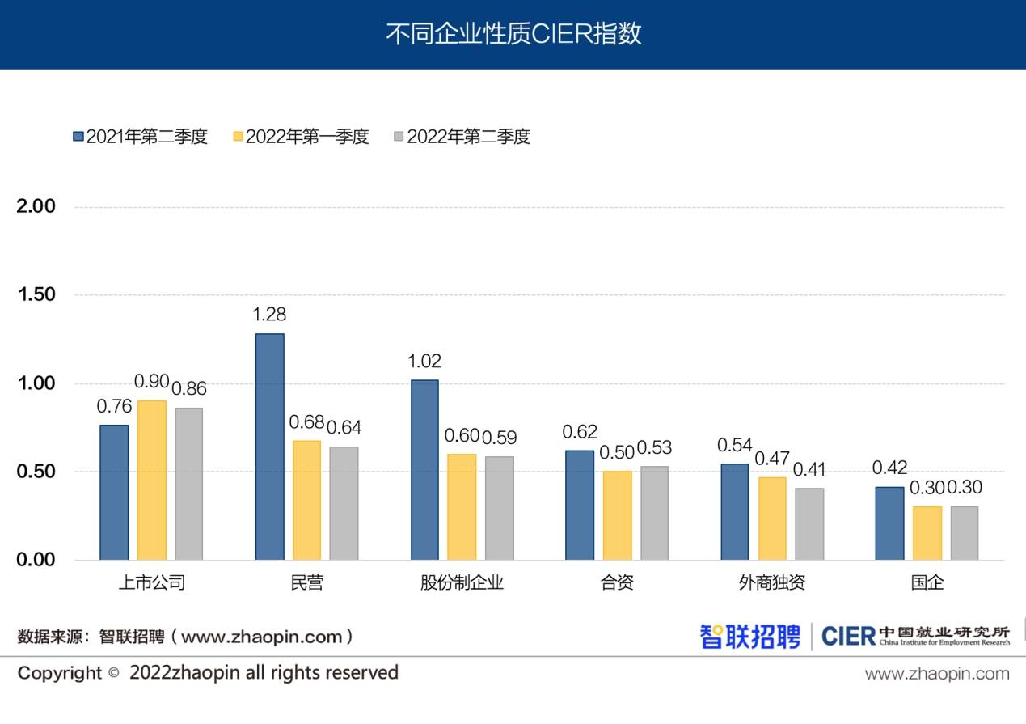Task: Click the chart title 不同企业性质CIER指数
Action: [x=513, y=35]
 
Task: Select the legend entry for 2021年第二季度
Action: [x=140, y=137]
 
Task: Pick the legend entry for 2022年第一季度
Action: [x=300, y=137]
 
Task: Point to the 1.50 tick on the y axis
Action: [x=36, y=294]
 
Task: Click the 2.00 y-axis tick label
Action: [x=36, y=206]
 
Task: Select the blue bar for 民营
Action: [x=270, y=447]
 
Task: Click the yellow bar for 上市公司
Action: [x=151, y=480]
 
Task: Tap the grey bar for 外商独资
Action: [x=809, y=523]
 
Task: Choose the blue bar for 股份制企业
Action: [x=424, y=469]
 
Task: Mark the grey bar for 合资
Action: [x=655, y=513]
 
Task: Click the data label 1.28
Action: [x=269, y=315]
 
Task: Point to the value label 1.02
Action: [x=424, y=361]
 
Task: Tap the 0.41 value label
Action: [x=809, y=469]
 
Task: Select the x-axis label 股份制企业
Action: [x=462, y=582]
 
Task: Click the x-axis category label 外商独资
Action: [x=771, y=582]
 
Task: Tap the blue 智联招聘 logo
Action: [x=749, y=636]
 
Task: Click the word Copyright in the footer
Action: [x=60, y=673]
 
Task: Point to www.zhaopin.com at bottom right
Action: [x=937, y=674]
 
